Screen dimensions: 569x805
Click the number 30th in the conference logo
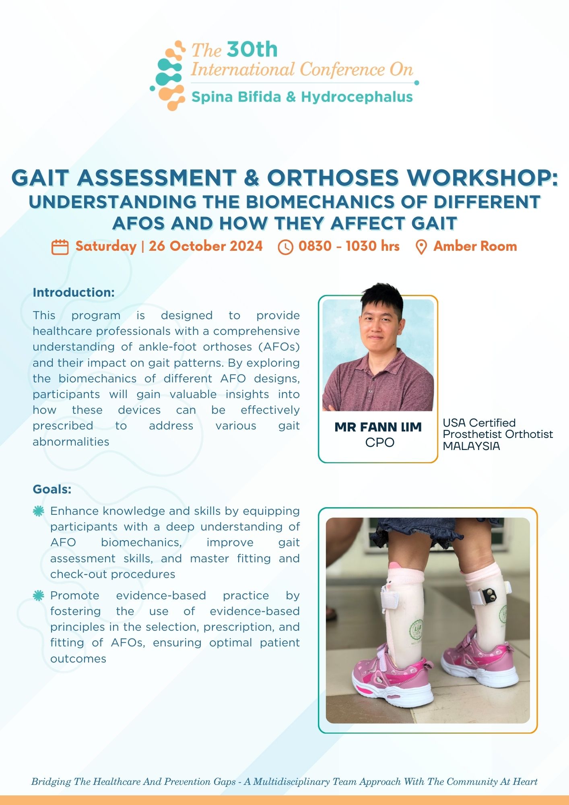(252, 50)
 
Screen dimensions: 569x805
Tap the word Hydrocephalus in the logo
(357, 97)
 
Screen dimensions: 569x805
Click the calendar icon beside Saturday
(60, 247)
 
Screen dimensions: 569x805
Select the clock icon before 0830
(285, 247)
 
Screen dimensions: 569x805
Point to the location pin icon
(421, 247)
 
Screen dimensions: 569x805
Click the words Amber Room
(475, 246)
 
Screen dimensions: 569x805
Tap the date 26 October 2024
(206, 246)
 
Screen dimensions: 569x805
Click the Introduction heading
(74, 292)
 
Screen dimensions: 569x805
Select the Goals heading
(52, 489)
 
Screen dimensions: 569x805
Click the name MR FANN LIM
(378, 427)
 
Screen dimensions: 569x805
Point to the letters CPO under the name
(379, 442)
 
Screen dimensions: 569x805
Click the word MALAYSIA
(471, 446)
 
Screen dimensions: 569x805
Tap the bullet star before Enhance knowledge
(38, 511)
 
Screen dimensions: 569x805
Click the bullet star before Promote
(38, 596)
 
